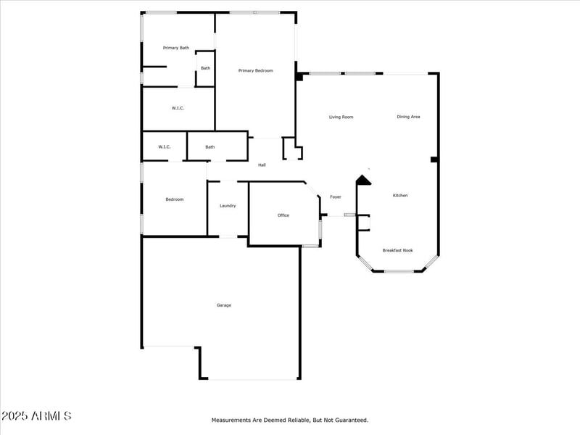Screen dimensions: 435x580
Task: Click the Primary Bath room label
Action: coord(176,48)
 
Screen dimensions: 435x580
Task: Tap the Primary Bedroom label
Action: coord(256,70)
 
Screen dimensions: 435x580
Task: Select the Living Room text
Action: coord(341,117)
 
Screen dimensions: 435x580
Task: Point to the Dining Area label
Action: coord(408,117)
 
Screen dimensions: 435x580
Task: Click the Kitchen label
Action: coord(400,196)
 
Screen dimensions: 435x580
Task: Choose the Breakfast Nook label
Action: coord(397,250)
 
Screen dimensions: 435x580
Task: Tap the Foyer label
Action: coord(336,197)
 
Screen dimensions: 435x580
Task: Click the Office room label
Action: coord(283,215)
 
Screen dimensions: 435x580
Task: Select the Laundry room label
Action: coord(228,206)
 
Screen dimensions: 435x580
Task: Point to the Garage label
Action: coord(224,305)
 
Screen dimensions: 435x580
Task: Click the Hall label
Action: coord(262,165)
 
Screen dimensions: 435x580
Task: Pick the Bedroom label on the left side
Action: coord(175,199)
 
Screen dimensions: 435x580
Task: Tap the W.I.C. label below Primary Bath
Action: coord(178,108)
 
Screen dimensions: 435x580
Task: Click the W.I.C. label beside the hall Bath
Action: coord(165,147)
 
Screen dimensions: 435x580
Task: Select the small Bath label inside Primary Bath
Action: coord(206,68)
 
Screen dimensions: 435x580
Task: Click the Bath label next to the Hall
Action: coord(210,147)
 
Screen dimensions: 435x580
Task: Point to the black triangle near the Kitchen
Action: coord(363,180)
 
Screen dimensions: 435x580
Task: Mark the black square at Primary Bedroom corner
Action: coord(299,76)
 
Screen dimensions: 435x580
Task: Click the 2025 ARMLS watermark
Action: coord(36,416)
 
